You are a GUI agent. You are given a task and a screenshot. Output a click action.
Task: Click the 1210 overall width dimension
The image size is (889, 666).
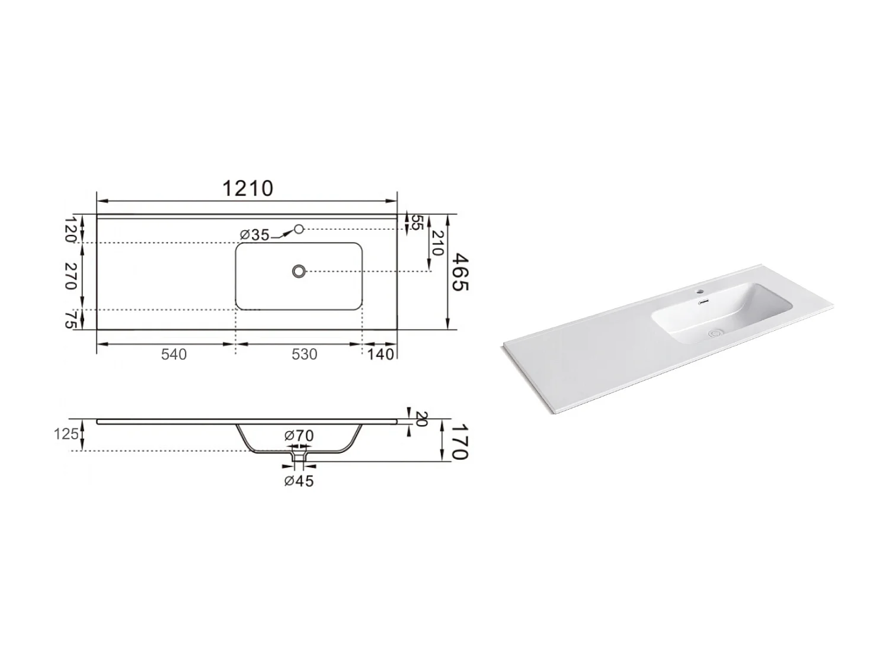[248, 188]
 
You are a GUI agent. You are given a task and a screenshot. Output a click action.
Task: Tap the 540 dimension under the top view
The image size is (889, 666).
[174, 354]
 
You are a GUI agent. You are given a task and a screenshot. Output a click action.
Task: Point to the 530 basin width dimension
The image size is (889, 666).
[304, 354]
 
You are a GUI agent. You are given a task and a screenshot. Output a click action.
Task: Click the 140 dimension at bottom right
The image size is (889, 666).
[380, 354]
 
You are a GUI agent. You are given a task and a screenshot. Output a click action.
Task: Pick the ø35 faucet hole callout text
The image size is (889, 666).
[255, 235]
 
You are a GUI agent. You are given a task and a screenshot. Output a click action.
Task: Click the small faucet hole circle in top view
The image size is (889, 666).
[299, 229]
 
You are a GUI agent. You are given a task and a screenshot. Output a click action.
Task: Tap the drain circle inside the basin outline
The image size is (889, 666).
[299, 271]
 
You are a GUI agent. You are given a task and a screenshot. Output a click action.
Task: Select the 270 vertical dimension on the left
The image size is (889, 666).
[71, 276]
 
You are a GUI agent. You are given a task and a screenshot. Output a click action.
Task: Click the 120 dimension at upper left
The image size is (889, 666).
[71, 230]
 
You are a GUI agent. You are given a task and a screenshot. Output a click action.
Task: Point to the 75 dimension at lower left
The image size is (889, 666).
[71, 320]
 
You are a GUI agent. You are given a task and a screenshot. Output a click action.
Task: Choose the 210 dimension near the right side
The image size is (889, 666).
[437, 243]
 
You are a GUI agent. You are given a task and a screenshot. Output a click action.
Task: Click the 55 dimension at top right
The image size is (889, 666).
[417, 223]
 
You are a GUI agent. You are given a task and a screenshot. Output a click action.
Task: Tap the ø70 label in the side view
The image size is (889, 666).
[299, 436]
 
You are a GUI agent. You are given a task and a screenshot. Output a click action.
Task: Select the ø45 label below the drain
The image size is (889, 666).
[299, 481]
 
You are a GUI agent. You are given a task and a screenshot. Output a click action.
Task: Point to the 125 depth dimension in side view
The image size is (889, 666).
[66, 435]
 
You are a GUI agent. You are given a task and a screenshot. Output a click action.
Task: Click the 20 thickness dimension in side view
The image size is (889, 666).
[421, 419]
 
